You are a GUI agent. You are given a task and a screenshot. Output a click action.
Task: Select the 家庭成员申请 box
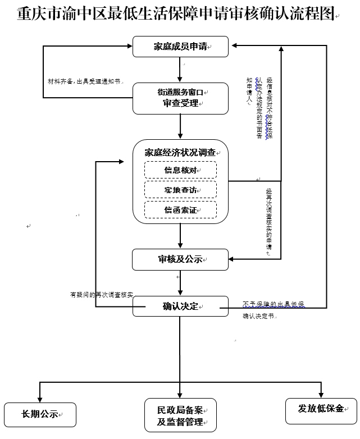[x=180, y=47]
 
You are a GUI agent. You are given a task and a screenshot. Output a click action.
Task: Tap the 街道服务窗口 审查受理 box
[x=180, y=98]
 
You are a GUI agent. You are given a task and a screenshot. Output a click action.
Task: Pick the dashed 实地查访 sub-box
[x=180, y=190]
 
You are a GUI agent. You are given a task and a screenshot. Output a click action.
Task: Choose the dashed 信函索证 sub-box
[x=180, y=209]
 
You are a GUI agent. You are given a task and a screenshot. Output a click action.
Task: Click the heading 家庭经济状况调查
[x=180, y=152]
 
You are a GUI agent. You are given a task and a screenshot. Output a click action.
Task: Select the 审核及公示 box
[x=180, y=259]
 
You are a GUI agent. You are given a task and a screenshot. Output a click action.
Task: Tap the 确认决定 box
[x=180, y=307]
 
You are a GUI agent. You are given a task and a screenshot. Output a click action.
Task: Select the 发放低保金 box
[x=321, y=408]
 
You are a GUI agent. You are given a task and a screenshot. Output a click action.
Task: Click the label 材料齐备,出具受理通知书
[x=84, y=81]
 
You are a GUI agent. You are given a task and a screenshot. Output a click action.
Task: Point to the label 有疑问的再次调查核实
[x=102, y=295]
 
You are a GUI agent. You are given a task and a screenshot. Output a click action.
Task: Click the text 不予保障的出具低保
[x=274, y=304]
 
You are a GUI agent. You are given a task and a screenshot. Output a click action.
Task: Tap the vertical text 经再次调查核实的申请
[x=269, y=222]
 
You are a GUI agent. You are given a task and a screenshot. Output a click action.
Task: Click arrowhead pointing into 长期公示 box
[x=40, y=398]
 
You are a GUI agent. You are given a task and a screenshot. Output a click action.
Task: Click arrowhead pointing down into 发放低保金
[x=321, y=394]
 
